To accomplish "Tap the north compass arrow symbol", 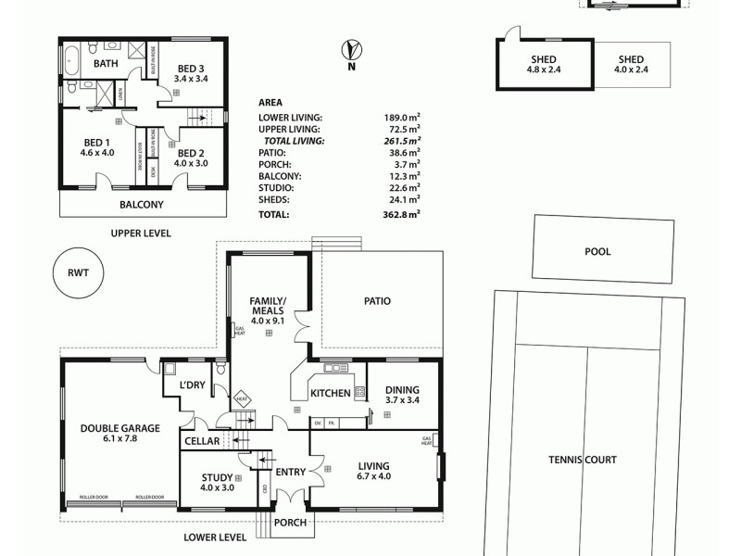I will click(351, 48).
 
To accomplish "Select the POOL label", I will click(597, 251).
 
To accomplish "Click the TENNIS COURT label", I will click(582, 460).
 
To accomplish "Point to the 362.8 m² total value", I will click(401, 214).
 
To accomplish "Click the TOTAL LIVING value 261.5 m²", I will click(401, 141).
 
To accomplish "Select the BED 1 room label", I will click(96, 143).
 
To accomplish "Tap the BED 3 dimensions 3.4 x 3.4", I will click(191, 80).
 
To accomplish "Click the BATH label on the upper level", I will click(106, 64).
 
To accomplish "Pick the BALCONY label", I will click(142, 205).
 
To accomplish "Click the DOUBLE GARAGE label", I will click(120, 428).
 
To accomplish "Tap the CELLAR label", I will click(201, 441).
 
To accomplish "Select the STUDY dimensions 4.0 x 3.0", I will click(218, 488).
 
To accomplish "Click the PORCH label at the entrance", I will click(289, 523).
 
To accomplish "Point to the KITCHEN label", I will click(331, 394).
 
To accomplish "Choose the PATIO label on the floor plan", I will click(377, 301).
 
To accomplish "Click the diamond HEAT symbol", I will click(242, 398).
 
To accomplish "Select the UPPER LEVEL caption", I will click(141, 234).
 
